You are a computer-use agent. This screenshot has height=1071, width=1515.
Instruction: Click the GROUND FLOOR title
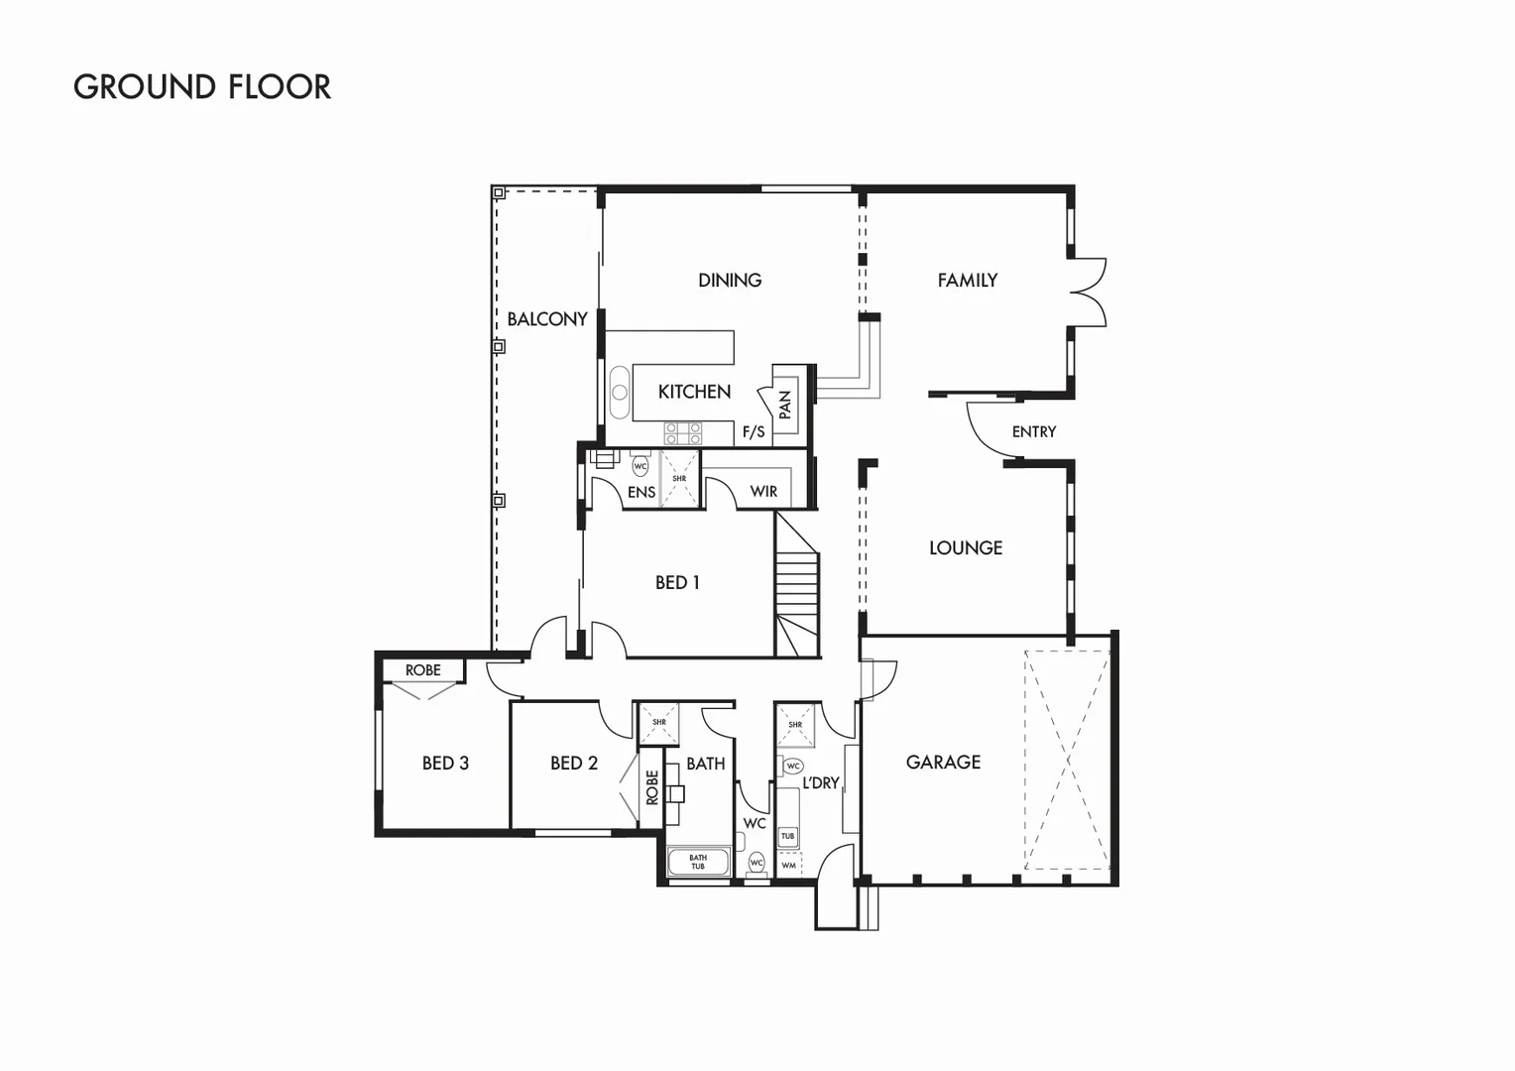click(x=202, y=87)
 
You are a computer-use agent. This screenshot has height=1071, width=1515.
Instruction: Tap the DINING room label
click(x=730, y=281)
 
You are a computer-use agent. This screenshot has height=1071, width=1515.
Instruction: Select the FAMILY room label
click(x=967, y=281)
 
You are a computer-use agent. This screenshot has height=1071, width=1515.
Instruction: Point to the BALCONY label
click(x=547, y=319)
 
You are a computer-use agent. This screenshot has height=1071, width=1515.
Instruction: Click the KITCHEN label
click(x=694, y=392)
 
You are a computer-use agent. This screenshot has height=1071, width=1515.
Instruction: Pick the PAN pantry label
click(x=785, y=404)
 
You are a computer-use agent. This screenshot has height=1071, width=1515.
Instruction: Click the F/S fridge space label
click(x=754, y=432)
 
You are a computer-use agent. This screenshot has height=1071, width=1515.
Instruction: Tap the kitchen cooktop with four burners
click(x=683, y=432)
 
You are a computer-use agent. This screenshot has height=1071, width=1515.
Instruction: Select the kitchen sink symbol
click(x=619, y=392)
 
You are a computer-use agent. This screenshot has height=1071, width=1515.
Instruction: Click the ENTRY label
click(x=1033, y=432)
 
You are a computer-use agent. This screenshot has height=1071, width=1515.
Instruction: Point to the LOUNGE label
click(x=965, y=548)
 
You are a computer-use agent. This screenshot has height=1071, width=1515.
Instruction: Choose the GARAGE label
click(x=943, y=763)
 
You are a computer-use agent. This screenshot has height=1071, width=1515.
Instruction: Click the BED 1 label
click(x=677, y=583)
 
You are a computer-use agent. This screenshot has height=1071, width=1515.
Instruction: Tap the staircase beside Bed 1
click(x=797, y=589)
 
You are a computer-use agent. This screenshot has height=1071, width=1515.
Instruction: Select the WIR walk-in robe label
click(x=763, y=492)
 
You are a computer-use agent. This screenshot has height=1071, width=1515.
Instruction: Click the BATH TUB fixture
click(x=698, y=862)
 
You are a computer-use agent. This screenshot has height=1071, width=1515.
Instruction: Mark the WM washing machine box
click(x=788, y=865)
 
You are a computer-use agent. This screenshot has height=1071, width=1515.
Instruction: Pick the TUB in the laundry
click(x=787, y=836)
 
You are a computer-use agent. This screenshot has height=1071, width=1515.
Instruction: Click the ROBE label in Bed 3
click(x=422, y=670)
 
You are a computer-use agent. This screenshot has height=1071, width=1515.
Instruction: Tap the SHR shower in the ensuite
click(x=679, y=479)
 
